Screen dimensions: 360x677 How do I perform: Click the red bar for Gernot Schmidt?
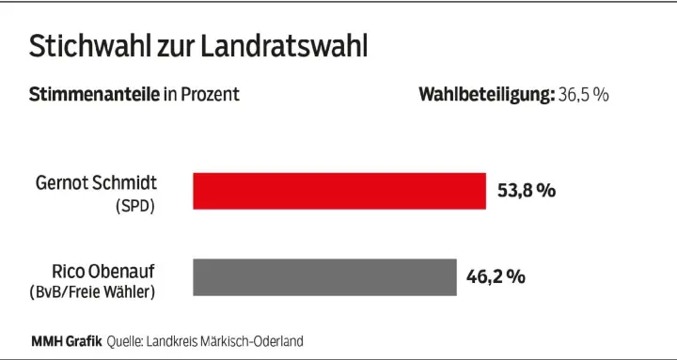[x=339, y=191]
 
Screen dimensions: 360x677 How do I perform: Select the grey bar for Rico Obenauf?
[x=324, y=277]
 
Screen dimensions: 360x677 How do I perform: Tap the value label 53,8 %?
[x=527, y=191]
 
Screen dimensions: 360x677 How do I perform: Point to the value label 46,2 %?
[x=496, y=277]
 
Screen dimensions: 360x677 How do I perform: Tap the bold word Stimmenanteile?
[x=82, y=95]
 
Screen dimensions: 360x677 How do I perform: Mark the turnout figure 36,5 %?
[x=583, y=95]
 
